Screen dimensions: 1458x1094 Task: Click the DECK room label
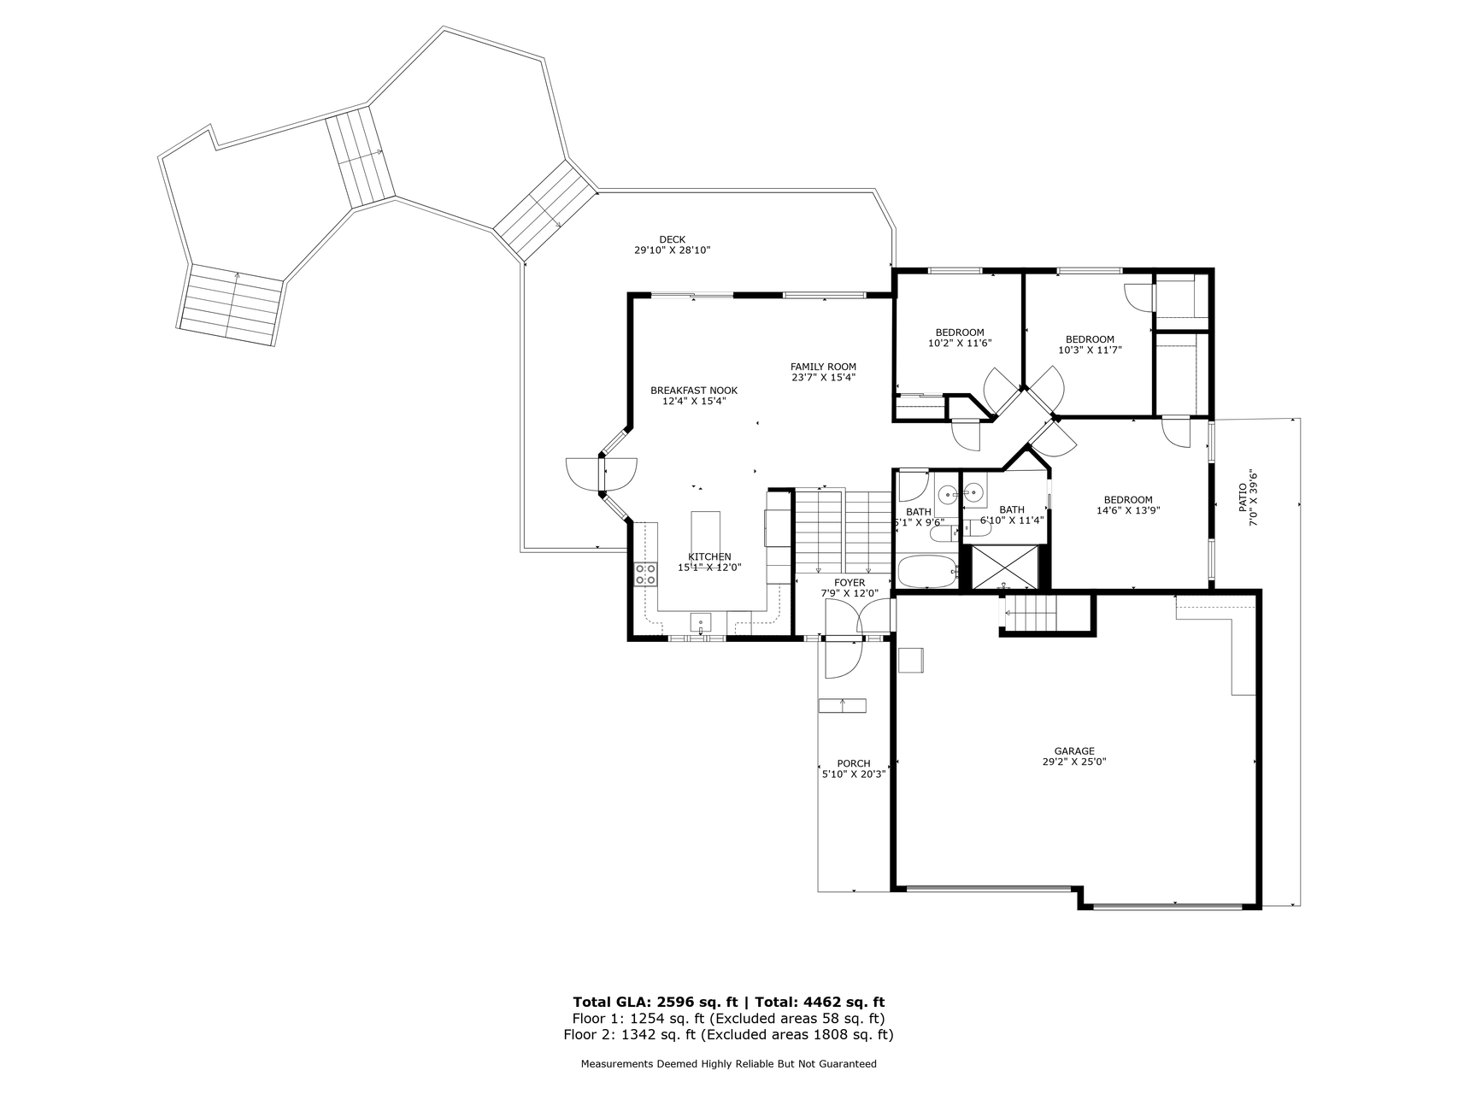tap(672, 239)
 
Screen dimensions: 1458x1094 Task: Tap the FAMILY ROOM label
tap(823, 367)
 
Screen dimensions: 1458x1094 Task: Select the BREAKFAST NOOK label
tap(694, 391)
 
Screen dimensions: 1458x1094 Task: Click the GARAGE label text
tap(1073, 751)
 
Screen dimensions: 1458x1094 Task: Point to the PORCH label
tap(854, 763)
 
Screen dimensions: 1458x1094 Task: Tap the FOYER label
tap(850, 583)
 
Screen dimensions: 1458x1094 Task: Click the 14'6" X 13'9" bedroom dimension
tap(1128, 510)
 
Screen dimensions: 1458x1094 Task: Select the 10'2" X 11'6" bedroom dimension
tap(960, 343)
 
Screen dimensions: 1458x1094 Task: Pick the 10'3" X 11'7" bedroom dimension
tap(1090, 350)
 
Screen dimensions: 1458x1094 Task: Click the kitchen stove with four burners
tap(645, 573)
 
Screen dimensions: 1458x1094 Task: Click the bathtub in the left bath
tap(928, 572)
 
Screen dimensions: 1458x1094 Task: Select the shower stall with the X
tap(1004, 567)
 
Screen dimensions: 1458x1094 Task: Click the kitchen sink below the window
tap(701, 623)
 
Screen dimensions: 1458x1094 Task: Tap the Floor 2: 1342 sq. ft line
tap(728, 1035)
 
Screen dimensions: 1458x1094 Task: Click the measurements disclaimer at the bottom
tap(729, 1064)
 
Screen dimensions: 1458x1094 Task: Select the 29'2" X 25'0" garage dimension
tap(1073, 762)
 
